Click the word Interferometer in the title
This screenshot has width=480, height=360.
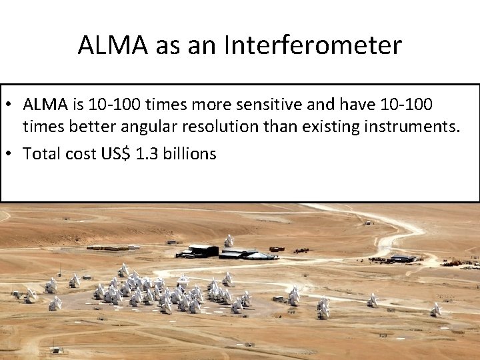(313, 45)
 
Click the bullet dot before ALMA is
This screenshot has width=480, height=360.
(12, 105)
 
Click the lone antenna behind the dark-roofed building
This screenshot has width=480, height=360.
(229, 240)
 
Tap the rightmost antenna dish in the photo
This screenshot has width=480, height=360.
(435, 309)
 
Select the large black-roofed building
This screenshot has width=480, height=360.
(203, 251)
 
